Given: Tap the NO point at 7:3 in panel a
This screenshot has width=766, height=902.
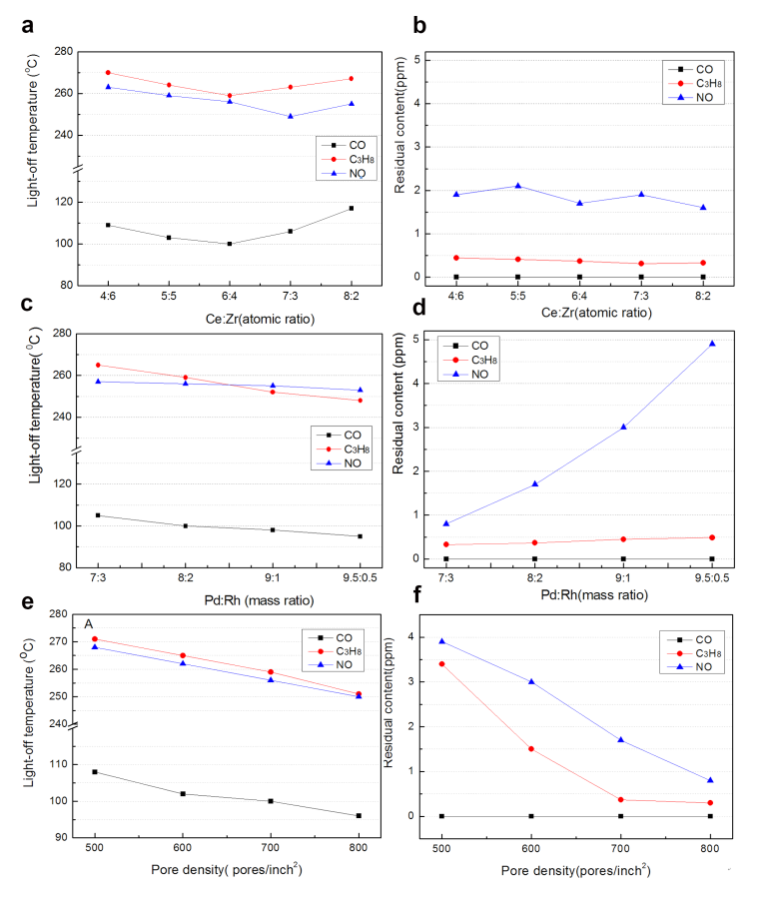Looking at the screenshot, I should pos(291,116).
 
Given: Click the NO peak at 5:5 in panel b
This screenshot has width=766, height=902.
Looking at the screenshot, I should pos(516,186).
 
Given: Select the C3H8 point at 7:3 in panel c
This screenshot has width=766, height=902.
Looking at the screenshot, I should pos(98,365).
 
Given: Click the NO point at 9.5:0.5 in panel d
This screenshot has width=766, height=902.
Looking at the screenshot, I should pos(713,344).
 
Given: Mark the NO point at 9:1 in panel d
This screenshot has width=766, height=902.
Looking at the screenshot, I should pos(623,427).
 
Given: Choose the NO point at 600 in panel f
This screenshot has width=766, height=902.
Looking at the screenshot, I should pos(531,682).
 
